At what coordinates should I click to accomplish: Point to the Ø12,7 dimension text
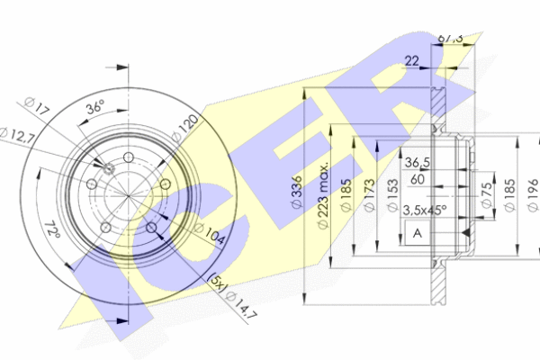(27, 137)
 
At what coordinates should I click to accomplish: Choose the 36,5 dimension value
(417, 162)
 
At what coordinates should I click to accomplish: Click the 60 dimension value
(417, 179)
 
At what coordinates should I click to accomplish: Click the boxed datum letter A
(417, 234)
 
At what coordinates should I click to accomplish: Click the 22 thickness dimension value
(413, 60)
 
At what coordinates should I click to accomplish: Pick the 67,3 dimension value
(449, 38)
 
